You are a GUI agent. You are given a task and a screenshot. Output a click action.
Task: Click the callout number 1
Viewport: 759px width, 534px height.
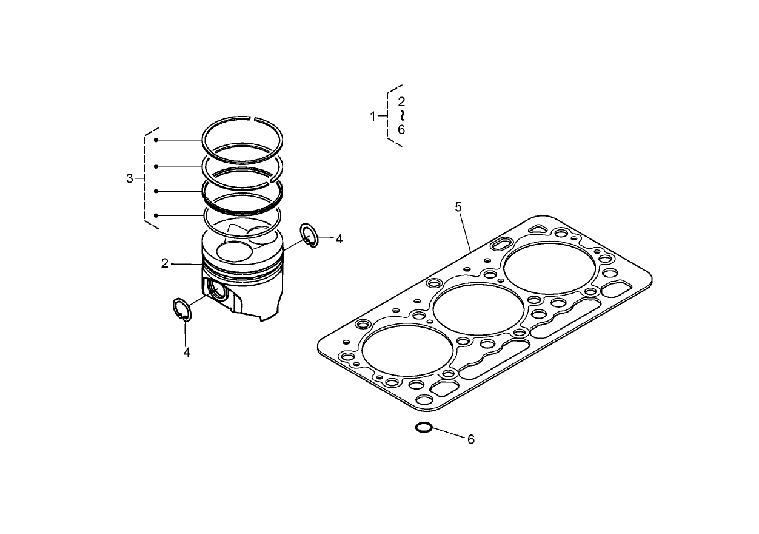(x=373, y=117)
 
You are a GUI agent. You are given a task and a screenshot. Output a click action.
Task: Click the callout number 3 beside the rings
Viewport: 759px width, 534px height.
(x=129, y=178)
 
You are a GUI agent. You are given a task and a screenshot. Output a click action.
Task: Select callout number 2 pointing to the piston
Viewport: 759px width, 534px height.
(x=164, y=263)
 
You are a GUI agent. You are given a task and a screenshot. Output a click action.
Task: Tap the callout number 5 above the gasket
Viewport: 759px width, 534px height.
(x=458, y=207)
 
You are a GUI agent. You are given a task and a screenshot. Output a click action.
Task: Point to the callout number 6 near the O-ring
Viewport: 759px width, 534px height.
(x=470, y=439)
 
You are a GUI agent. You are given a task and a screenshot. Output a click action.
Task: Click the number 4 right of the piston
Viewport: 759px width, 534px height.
(x=339, y=239)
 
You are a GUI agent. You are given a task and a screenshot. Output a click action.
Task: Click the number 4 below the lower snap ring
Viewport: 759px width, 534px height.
(x=187, y=352)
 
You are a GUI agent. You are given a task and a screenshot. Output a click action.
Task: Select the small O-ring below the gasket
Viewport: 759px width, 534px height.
(x=423, y=428)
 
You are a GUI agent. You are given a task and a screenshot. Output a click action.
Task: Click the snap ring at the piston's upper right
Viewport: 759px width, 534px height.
(x=309, y=234)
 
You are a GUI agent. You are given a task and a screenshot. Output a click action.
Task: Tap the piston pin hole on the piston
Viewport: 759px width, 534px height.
(x=216, y=292)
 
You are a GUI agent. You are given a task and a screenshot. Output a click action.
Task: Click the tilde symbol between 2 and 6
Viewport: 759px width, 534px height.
(x=401, y=115)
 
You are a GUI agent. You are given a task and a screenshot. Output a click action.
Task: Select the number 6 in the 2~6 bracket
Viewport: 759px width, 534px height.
(x=401, y=129)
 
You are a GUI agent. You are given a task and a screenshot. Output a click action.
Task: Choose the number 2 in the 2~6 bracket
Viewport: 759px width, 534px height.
(x=401, y=102)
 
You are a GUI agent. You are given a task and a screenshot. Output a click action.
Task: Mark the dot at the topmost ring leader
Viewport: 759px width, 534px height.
(x=156, y=140)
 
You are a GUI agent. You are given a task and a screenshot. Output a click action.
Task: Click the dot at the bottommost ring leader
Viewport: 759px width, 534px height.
(x=156, y=215)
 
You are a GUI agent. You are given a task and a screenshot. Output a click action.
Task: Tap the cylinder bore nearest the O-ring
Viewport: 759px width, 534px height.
(x=407, y=353)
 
